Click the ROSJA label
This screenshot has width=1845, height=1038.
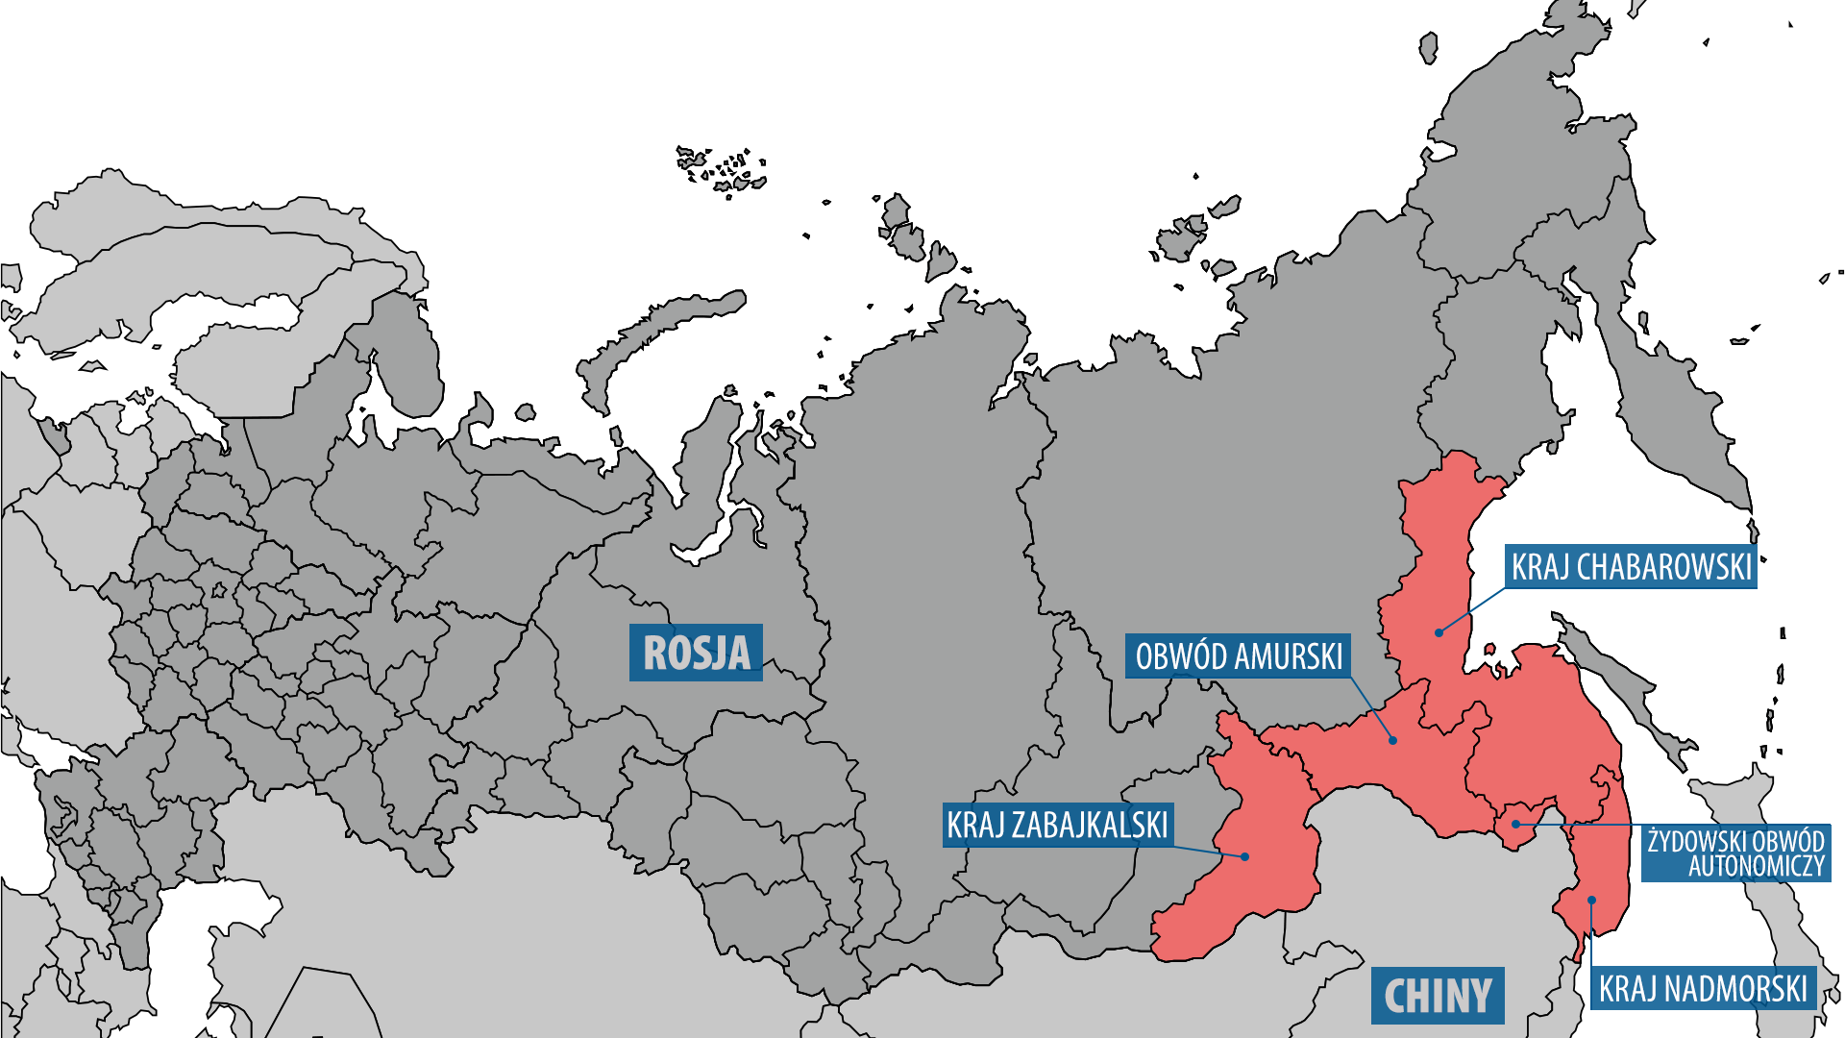[x=696, y=653]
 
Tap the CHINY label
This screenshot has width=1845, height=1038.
[x=1438, y=996]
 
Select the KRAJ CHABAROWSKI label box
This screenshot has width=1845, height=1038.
[x=1631, y=567]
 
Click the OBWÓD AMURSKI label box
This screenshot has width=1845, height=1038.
[x=1238, y=656]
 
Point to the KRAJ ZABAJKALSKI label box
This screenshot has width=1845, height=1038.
[x=1057, y=825]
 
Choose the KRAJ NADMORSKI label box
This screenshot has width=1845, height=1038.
[x=1703, y=988]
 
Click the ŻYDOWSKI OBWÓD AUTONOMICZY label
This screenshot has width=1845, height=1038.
[x=1735, y=853]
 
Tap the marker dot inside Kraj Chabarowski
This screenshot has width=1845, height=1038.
[x=1439, y=632]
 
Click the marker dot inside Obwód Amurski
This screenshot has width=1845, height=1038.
[x=1392, y=740]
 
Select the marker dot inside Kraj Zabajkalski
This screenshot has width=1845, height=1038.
[x=1244, y=856]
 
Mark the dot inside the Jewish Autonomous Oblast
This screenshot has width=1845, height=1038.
[x=1515, y=824]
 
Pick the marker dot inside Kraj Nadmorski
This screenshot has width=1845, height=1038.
[x=1591, y=901]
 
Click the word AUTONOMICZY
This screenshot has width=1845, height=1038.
[x=1757, y=867]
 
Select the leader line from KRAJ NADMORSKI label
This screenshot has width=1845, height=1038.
[x=1591, y=937]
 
